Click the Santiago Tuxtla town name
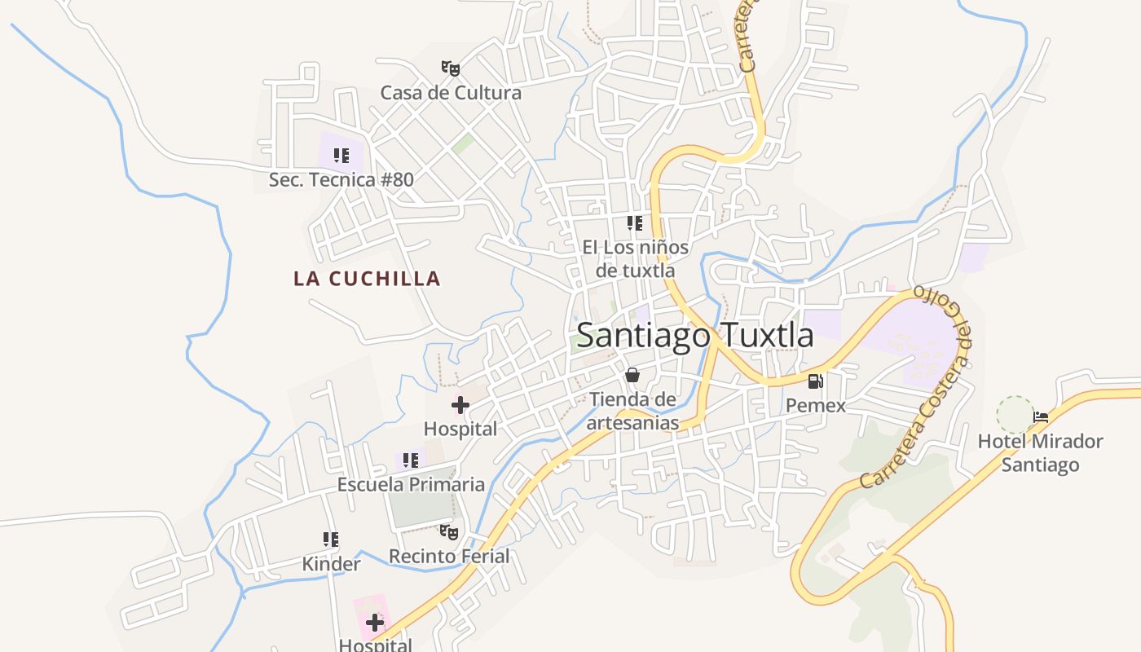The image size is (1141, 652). point(694,335)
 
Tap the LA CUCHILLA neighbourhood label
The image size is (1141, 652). point(367,279)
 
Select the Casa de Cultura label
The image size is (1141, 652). point(451,92)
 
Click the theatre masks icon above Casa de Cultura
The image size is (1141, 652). point(451,68)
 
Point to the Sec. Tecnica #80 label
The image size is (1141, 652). point(341,179)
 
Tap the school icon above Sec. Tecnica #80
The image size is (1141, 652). point(341,155)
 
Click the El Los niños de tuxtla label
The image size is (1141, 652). point(635,258)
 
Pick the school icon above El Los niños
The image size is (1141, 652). point(635,223)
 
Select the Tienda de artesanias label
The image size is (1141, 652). point(632,411)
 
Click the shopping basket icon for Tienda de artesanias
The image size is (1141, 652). point(632,376)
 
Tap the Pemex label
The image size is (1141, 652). point(815,405)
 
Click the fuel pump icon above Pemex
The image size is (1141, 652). point(815,381)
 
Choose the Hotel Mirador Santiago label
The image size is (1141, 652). point(1040,453)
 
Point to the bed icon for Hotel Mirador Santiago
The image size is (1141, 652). point(1041,417)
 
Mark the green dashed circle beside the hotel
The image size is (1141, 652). point(1015,415)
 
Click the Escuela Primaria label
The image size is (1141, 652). point(411,484)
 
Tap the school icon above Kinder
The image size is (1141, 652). point(331,540)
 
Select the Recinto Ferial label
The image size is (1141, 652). point(448,556)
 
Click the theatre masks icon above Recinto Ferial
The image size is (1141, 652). point(449,532)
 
